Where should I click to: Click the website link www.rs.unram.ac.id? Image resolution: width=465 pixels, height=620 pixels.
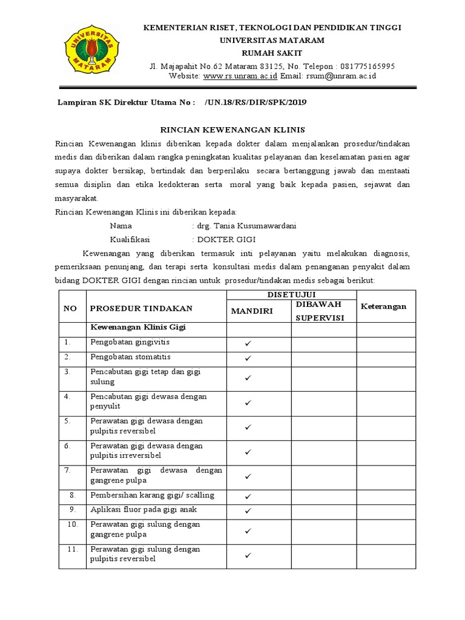point(240,76)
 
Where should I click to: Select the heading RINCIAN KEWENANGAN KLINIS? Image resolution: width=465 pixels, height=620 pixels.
point(232,130)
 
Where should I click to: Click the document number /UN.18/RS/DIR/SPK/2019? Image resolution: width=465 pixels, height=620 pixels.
point(256,103)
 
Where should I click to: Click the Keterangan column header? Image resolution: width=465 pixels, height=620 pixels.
point(384,306)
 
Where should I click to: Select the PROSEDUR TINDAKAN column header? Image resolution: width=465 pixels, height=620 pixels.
point(141,308)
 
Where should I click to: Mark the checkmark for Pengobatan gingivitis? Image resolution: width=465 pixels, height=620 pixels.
point(248,343)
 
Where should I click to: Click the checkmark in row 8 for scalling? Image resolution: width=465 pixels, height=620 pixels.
point(248,496)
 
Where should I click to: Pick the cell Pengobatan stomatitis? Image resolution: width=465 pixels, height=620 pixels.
point(130,357)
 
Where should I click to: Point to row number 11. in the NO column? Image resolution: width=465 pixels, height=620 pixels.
point(72,549)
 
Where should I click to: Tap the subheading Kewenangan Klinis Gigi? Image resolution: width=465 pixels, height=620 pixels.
point(137,327)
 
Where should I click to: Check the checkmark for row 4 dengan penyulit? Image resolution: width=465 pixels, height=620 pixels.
point(248,403)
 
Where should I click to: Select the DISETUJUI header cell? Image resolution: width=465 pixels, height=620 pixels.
point(291,294)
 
